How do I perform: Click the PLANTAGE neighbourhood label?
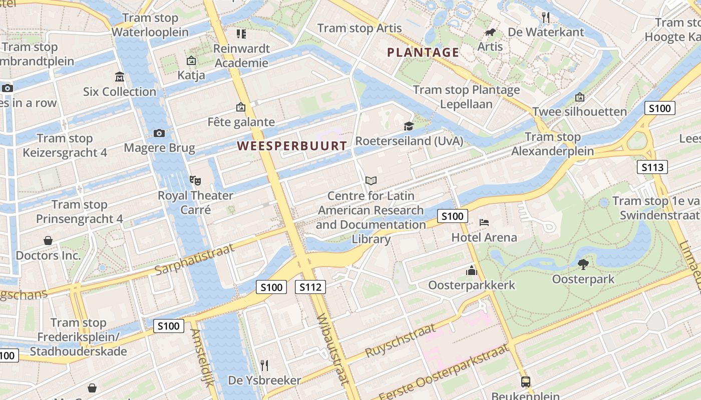coord(423,52)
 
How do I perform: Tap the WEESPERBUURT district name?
coord(292,146)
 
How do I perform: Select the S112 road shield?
coord(310,287)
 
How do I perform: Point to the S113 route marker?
coord(652,167)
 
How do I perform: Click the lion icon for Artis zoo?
coord(490,33)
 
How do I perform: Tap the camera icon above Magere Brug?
coord(159,133)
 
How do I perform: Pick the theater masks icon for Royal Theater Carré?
coord(195,179)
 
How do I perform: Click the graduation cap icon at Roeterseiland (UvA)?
coord(409,126)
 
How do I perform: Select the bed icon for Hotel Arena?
coord(484,222)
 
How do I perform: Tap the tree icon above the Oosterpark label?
coord(583,263)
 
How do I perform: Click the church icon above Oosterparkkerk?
coord(472,270)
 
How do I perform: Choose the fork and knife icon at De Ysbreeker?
coord(264,365)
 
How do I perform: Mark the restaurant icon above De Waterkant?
coord(546,17)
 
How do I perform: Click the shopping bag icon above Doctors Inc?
coord(48,240)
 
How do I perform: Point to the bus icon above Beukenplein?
coord(526,381)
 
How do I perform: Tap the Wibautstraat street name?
coord(332,349)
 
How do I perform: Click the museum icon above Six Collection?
coord(120,77)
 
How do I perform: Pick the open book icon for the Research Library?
coord(371,180)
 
